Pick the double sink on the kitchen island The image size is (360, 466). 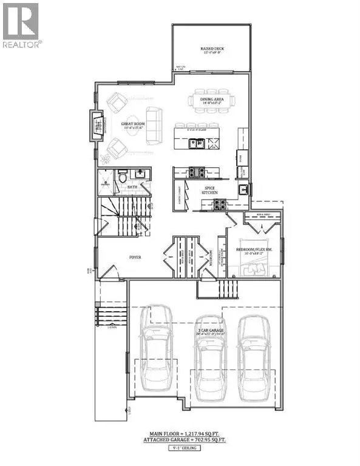195,143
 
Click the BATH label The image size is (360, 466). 132,187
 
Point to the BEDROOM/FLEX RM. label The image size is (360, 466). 256,250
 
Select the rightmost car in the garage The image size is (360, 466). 253,358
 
